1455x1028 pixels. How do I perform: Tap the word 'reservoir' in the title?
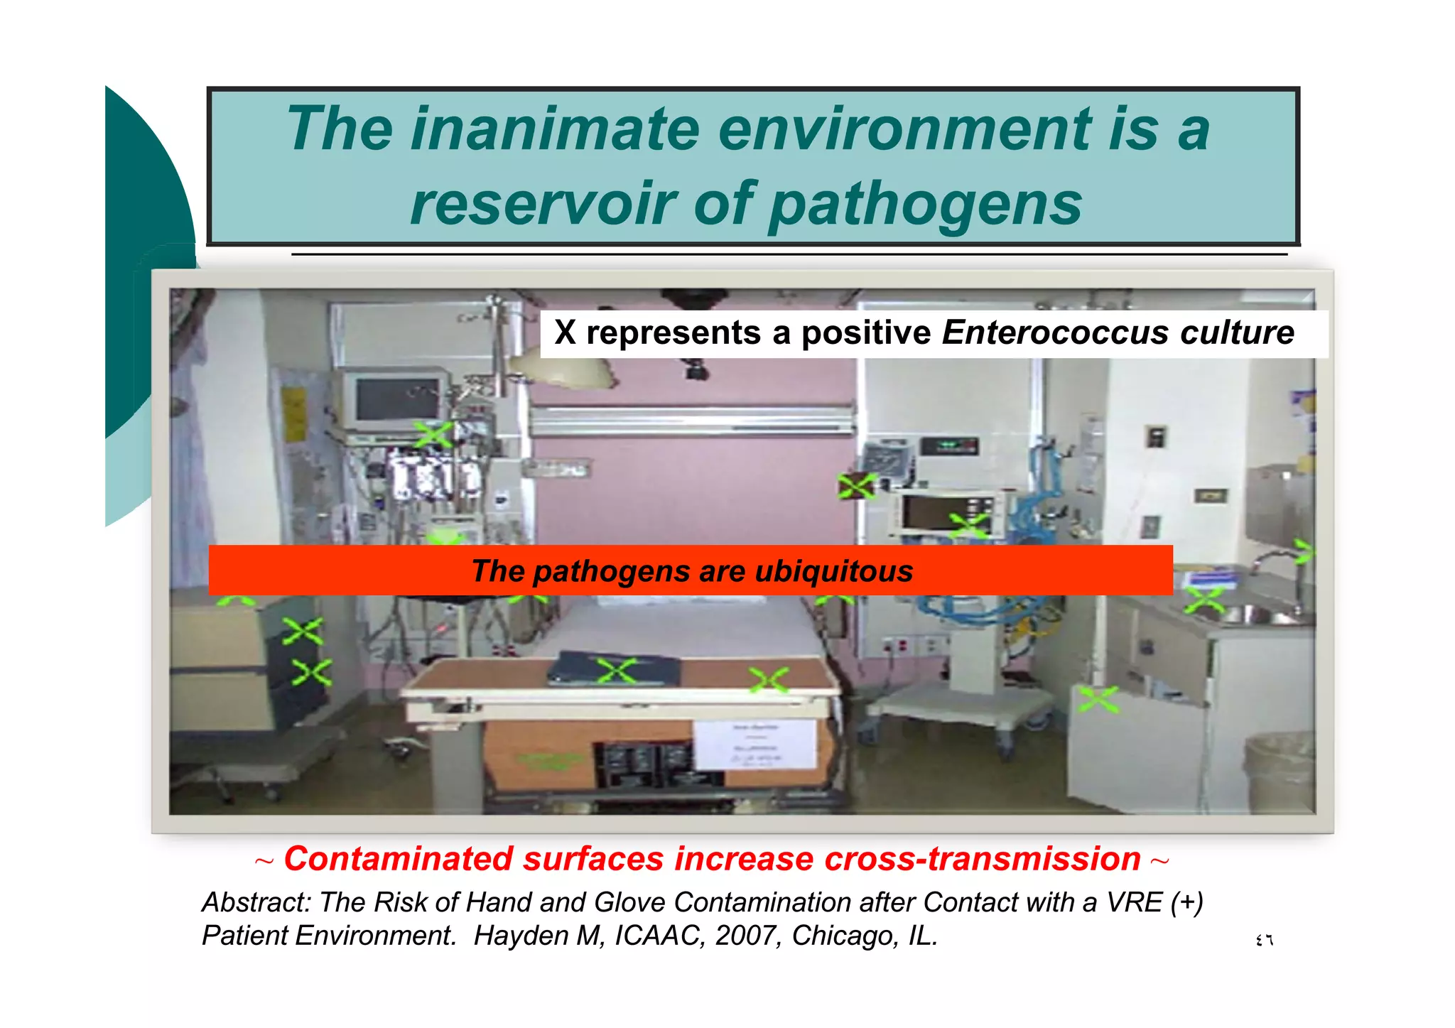544,204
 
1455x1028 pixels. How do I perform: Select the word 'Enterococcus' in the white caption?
1055,332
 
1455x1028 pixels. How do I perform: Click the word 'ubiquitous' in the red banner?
833,571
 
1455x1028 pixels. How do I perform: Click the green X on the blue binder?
616,671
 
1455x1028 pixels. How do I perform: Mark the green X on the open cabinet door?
1098,699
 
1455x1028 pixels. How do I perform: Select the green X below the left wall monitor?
433,435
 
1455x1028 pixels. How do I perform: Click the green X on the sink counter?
1204,601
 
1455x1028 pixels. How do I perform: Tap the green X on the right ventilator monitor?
968,526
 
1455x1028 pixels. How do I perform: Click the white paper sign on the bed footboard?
754,745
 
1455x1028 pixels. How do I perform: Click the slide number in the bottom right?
1265,941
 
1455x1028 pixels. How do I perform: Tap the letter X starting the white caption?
565,332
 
